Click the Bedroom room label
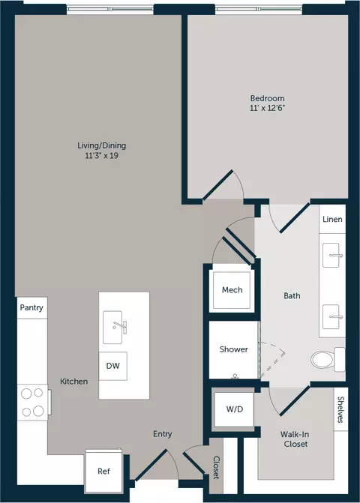pos(267,98)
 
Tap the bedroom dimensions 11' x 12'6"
pos(268,108)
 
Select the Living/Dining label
pos(102,145)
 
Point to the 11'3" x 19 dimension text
pos(102,156)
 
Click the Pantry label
pos(31,307)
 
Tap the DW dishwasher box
pos(113,366)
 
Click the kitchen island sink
pos(113,327)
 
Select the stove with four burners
pos(33,403)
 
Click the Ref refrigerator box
pos(104,471)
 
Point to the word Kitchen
pos(73,382)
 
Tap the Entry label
pos(162,434)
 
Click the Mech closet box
pos(232,290)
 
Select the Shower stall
pos(233,349)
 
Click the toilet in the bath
pos(327,360)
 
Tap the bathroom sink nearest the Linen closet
pos(331,256)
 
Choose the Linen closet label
pos(332,220)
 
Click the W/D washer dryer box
pos(235,409)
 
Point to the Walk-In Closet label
pos(295,439)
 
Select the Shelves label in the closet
pos(340,409)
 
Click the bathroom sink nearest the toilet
pos(331,317)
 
